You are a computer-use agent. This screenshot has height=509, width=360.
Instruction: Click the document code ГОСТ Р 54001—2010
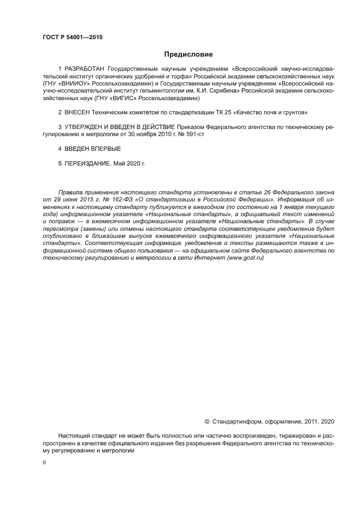[72, 38]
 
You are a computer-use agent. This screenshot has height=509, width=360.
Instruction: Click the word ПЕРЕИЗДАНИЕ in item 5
[87, 163]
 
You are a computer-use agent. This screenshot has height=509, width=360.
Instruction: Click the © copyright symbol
[206, 421]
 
